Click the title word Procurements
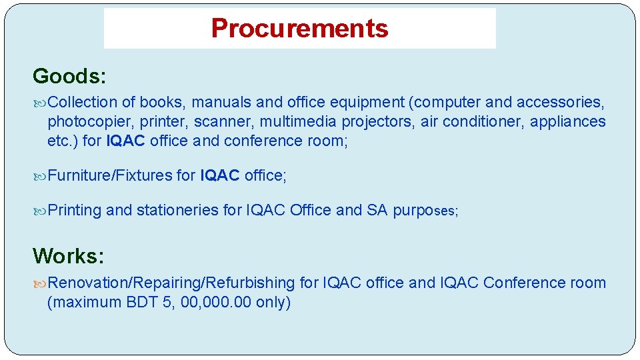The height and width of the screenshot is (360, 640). pyautogui.click(x=299, y=29)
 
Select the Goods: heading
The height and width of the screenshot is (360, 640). pyautogui.click(x=69, y=77)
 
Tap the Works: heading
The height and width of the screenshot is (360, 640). pyautogui.click(x=69, y=256)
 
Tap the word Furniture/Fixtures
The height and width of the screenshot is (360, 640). pyautogui.click(x=110, y=175)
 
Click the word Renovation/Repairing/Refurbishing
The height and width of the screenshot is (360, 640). pyautogui.click(x=171, y=283)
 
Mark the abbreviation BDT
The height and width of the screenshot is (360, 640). pyautogui.click(x=143, y=303)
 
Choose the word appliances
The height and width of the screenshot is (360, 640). pyautogui.click(x=568, y=122)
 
